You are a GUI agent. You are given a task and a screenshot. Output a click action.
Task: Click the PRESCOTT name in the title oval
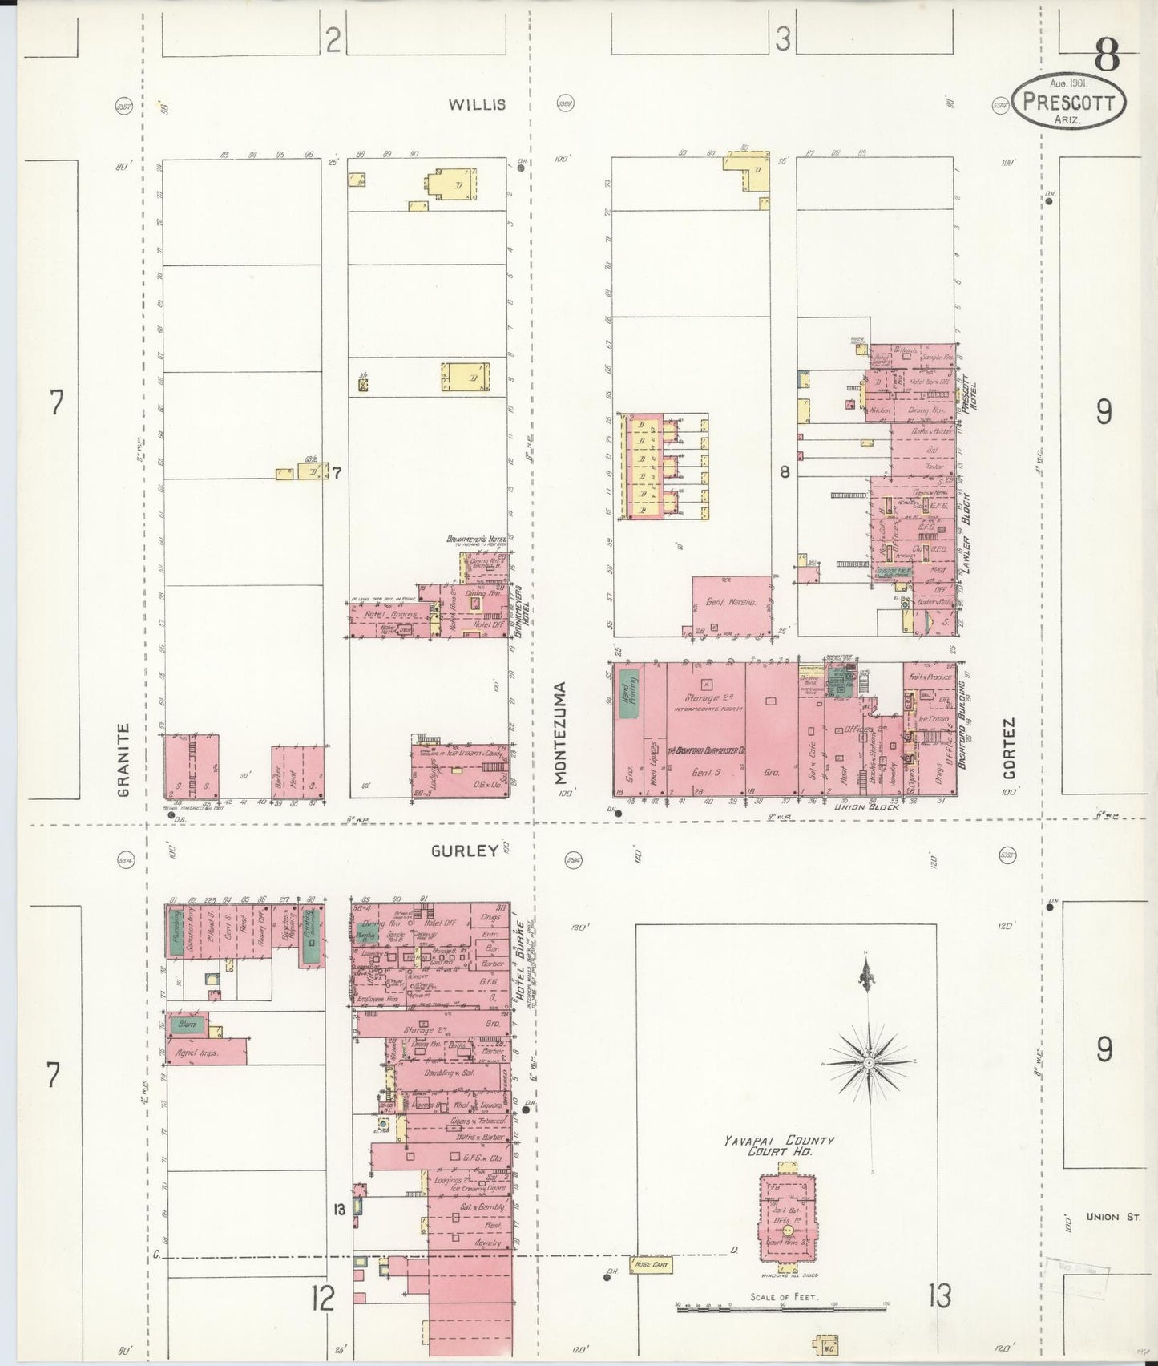click(x=1068, y=103)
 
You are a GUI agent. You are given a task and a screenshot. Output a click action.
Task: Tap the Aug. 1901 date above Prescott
click(x=1068, y=83)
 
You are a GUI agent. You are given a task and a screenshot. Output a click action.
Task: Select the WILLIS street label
click(x=477, y=104)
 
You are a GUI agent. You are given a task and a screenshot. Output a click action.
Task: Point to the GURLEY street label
click(x=465, y=851)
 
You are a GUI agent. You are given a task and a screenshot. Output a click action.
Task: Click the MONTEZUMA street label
click(x=561, y=733)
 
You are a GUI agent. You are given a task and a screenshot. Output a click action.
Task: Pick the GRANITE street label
click(x=123, y=760)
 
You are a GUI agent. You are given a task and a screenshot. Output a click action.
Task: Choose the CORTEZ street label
click(x=1009, y=748)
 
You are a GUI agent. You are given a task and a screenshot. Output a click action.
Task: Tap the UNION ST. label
click(x=1113, y=1217)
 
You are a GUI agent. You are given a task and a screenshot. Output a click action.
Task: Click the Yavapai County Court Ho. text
click(x=779, y=1146)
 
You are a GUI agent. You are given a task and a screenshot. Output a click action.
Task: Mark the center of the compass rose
click(x=869, y=1062)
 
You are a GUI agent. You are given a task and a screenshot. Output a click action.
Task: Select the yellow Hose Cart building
click(x=651, y=1265)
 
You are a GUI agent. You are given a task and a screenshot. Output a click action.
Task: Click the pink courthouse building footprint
click(x=788, y=1218)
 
